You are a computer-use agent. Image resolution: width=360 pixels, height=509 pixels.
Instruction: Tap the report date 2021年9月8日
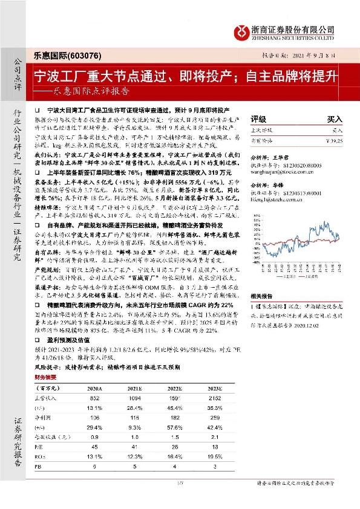click(x=313, y=54)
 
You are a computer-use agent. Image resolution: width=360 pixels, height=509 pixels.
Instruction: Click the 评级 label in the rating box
click(x=259, y=119)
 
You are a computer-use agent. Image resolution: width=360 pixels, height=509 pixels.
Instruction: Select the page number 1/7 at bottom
click(x=179, y=499)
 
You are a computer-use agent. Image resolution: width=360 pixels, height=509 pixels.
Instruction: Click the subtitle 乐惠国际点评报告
click(x=90, y=92)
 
